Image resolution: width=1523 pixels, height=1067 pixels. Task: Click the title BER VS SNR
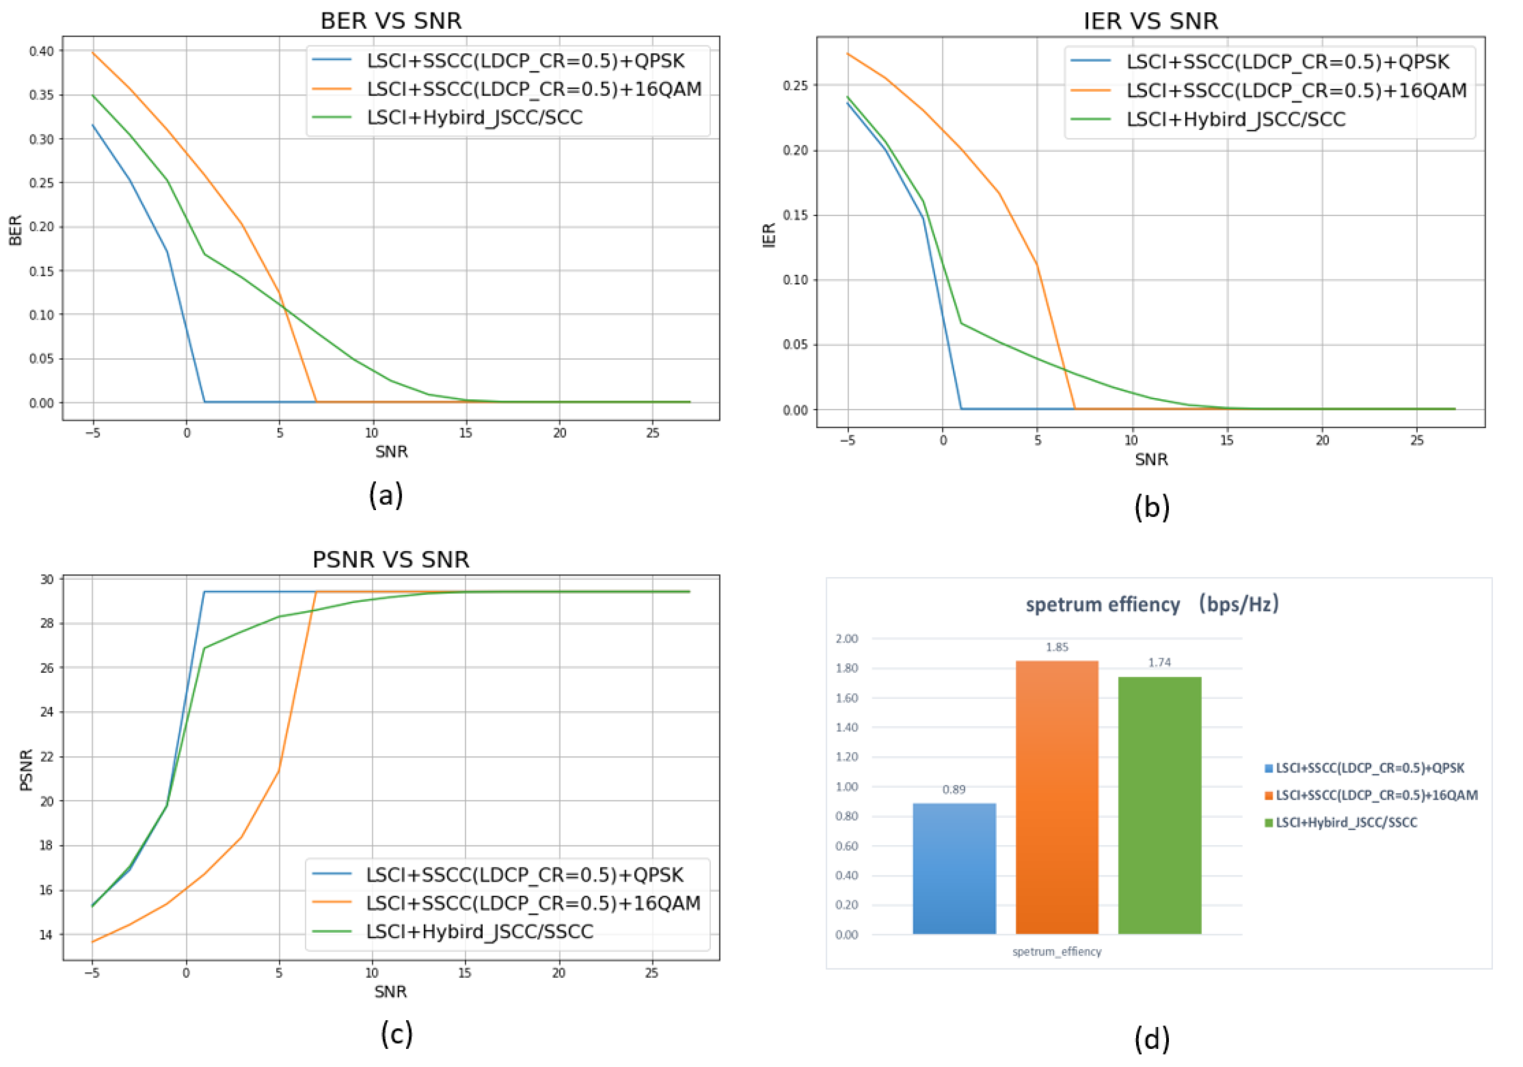[391, 21]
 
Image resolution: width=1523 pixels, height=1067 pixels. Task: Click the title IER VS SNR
[1151, 21]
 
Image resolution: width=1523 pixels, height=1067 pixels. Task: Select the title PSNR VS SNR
[391, 559]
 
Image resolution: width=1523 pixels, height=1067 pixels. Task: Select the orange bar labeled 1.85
[1057, 797]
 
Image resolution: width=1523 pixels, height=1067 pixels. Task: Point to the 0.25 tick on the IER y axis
[796, 85]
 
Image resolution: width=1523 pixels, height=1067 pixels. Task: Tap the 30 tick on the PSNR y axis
[46, 579]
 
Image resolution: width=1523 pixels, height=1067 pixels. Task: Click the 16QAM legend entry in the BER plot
[534, 89]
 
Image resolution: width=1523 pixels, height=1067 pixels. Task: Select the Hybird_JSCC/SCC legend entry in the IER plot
[1236, 119]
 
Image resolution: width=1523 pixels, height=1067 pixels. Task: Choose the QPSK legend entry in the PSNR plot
[524, 875]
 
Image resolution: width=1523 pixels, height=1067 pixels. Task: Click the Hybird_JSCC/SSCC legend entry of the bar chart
[1346, 823]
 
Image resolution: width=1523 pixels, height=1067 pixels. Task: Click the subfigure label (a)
[386, 495]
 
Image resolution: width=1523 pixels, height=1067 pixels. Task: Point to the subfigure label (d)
[1151, 1039]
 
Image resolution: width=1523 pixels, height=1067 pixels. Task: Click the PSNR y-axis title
[26, 770]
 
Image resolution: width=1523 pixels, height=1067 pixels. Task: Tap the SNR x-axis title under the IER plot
[1151, 459]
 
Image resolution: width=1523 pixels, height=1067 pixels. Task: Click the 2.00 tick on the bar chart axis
[846, 638]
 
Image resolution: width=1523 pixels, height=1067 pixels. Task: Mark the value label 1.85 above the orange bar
[1057, 647]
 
